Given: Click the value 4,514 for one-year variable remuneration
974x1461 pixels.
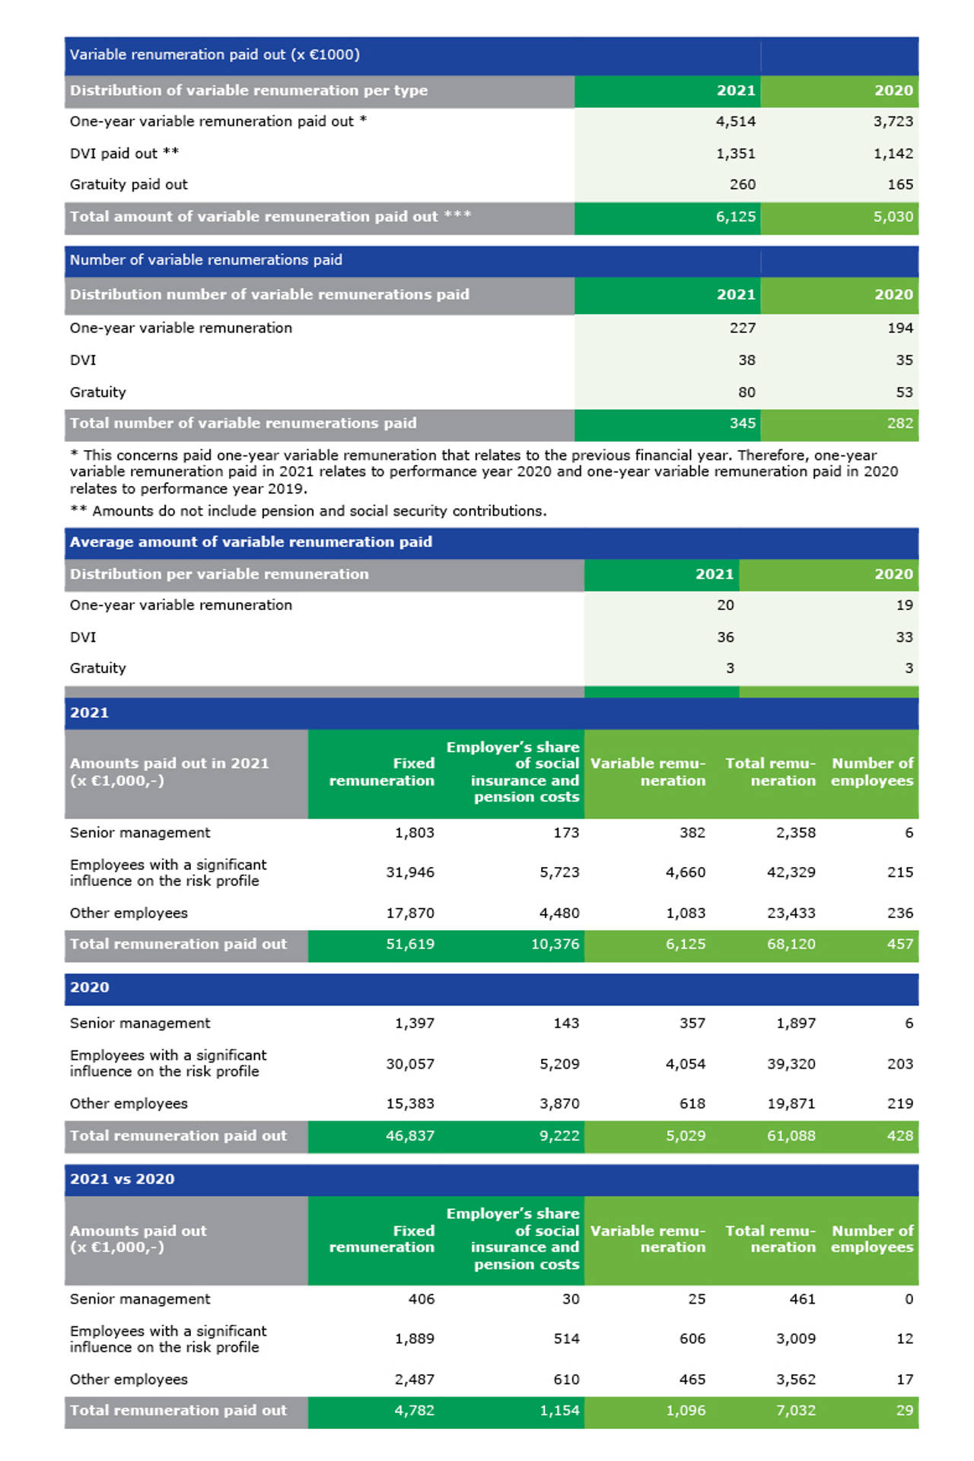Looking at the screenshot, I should pos(735,122).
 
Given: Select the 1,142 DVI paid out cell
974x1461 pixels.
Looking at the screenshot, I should pos(893,154).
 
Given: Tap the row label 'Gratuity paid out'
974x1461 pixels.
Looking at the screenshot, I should pos(129,185).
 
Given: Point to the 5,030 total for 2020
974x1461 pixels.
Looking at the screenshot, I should pos(893,217).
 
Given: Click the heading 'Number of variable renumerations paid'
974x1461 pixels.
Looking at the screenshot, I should pos(206,260).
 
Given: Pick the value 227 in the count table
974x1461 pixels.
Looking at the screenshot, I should pos(742,328).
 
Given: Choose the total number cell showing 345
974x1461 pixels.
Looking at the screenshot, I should pos(742,424).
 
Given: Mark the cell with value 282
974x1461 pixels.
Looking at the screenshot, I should pos(899,424).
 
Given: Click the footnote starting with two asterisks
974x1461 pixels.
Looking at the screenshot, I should pos(308,511).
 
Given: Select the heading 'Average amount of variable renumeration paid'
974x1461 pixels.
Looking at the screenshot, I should pos(251,542).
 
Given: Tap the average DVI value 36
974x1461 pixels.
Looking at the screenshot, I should pos(725,637).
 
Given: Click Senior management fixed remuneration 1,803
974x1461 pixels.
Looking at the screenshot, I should pos(414,833).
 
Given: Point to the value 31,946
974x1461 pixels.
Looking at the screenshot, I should pos(409,872).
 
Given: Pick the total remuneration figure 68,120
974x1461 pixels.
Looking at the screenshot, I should pos(791,945).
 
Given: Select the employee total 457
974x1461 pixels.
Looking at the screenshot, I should pos(899,945).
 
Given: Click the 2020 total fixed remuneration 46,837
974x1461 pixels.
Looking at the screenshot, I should pos(409,1136).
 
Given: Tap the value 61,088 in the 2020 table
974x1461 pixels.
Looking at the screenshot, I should pos(791,1136).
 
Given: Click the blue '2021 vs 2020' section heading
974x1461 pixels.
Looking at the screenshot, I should pos(123,1180).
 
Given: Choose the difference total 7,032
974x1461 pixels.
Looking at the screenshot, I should pos(795,1411).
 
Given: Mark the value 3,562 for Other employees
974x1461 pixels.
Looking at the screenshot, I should pos(795,1380).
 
